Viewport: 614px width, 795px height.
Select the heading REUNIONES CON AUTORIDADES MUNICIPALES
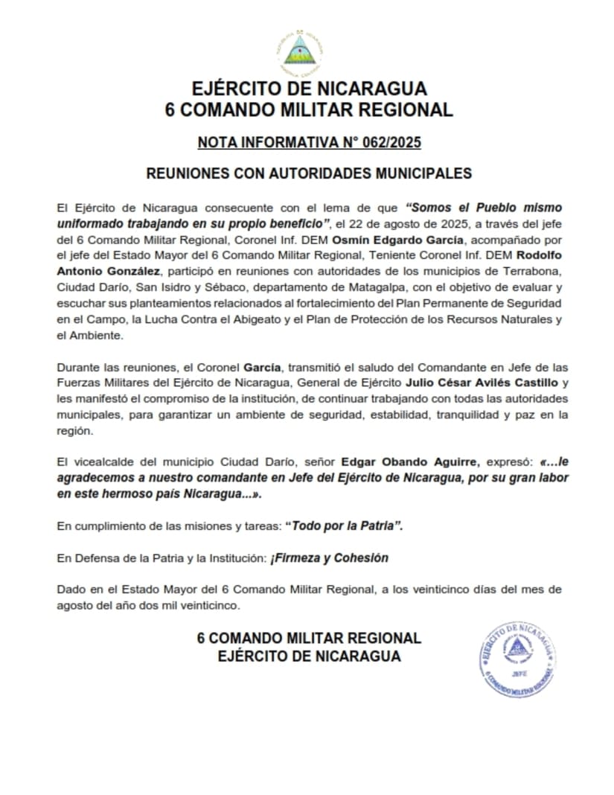309,173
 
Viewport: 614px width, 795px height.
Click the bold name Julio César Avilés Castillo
479,383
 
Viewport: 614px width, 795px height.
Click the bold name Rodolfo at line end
538,255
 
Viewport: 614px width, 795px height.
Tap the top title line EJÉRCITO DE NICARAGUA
309,89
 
